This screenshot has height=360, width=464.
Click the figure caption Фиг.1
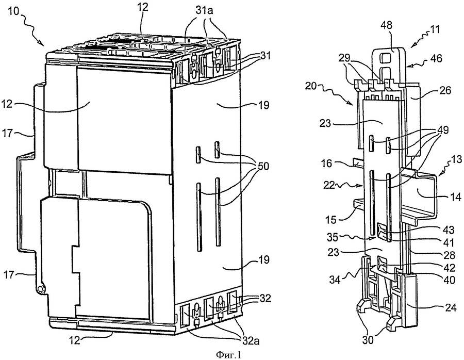[230, 354]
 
